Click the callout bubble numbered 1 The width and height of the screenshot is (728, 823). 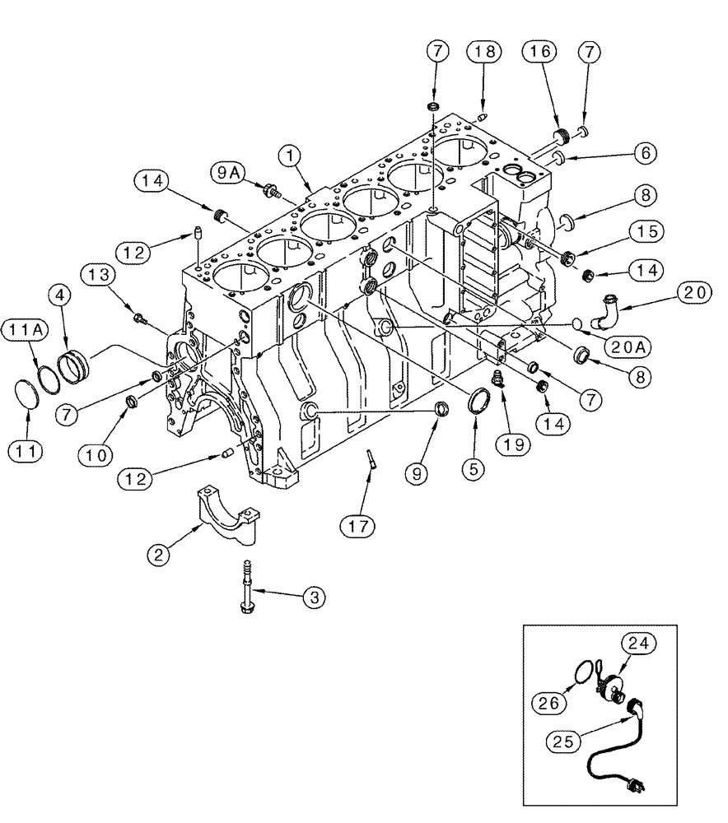point(289,153)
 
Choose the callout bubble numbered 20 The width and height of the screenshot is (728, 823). point(695,293)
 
